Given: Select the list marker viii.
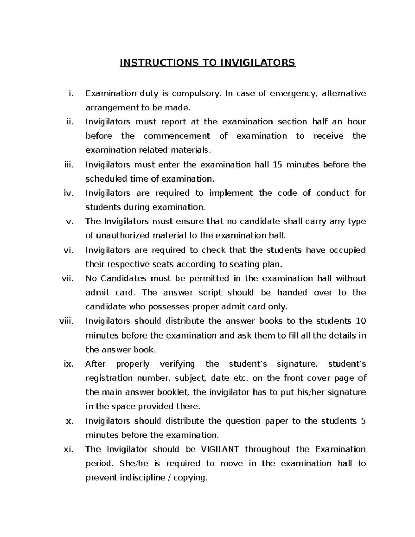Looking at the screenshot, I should point(66,321).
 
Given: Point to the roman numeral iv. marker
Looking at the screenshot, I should point(68,193).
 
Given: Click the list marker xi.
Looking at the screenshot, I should point(69,449).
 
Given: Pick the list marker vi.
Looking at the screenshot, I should point(68,250).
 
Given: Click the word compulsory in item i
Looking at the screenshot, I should point(196,94).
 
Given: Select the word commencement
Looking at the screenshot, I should point(177,136).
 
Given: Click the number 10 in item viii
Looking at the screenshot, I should point(361,321).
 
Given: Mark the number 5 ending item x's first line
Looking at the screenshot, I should point(363,421).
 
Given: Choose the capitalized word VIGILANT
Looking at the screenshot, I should point(220,449).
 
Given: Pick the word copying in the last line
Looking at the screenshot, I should point(190,478).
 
